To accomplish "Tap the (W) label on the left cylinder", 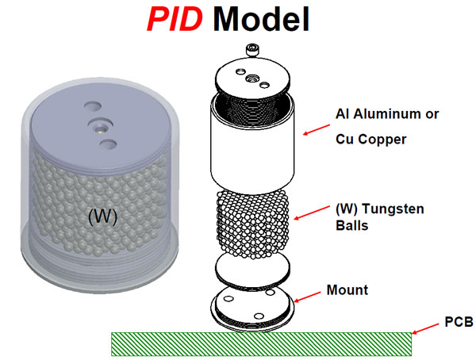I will [x=102, y=216].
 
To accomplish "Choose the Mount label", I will [x=347, y=290].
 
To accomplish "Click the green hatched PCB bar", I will [x=261, y=343].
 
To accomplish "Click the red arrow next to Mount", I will [x=308, y=297].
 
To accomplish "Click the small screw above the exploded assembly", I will [x=253, y=51].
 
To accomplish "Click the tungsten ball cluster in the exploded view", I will [x=253, y=222].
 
